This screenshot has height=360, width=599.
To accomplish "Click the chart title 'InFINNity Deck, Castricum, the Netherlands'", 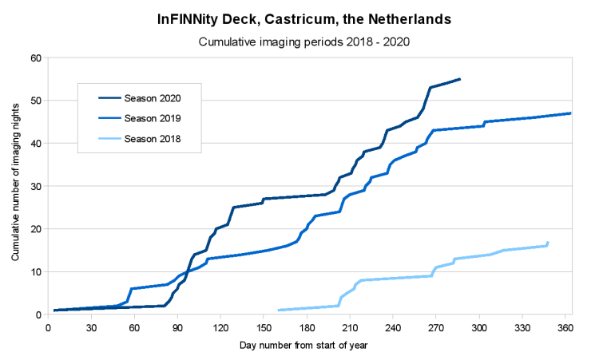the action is [x=304, y=19].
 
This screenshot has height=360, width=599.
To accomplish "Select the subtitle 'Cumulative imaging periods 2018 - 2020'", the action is [x=304, y=42].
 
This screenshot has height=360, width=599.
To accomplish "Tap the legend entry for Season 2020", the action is [x=140, y=98].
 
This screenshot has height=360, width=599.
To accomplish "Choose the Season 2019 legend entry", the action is [x=140, y=118].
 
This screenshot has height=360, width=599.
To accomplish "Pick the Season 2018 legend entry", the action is [x=140, y=139].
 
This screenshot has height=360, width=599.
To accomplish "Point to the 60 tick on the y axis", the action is [x=36, y=58].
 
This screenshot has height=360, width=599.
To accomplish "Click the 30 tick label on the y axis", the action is [x=36, y=186].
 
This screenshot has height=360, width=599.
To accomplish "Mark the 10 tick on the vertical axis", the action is [x=36, y=272].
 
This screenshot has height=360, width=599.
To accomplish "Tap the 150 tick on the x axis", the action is [x=264, y=328].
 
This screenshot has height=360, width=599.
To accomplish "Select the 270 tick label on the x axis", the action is [x=436, y=328].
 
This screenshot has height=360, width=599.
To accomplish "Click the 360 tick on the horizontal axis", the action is [x=565, y=328].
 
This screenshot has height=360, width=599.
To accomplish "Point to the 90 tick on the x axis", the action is [x=177, y=328].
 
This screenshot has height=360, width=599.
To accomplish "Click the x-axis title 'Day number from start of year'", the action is [x=303, y=346].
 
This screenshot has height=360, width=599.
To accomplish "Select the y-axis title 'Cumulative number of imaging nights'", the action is [x=15, y=182].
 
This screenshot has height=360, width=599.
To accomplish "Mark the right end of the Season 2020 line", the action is [x=460, y=79].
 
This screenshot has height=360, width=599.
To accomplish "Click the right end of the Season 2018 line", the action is [x=548, y=243].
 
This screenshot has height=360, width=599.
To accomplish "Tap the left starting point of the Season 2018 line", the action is [x=279, y=310].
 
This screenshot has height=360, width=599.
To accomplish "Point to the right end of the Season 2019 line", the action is [x=570, y=113].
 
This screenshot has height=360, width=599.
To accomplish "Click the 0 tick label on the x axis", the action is [x=48, y=328].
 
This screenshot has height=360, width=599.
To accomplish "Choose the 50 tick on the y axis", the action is [x=36, y=101].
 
